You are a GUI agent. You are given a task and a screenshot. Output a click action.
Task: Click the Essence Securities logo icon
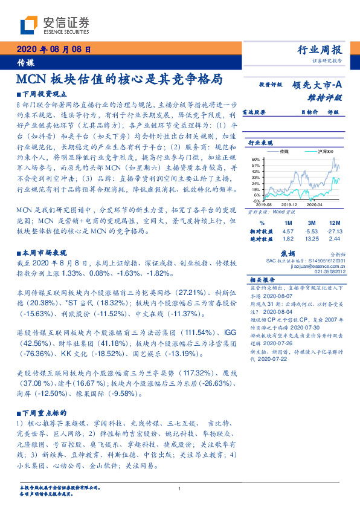[28, 25]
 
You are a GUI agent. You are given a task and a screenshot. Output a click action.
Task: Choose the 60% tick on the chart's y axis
[257, 159]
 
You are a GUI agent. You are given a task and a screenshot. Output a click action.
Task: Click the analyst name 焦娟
[288, 254]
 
